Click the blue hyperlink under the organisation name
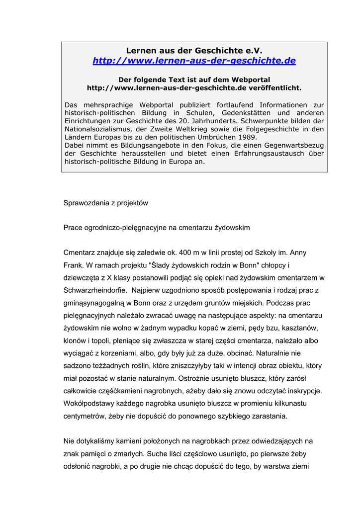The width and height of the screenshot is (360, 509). pyautogui.click(x=194, y=61)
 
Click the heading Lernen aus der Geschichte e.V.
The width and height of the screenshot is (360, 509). pyautogui.click(x=194, y=51)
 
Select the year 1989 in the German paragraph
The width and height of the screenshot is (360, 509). pyautogui.click(x=247, y=137)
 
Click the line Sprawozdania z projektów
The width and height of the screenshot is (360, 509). pyautogui.click(x=105, y=203)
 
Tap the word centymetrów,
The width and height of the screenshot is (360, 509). pyautogui.click(x=85, y=416)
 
